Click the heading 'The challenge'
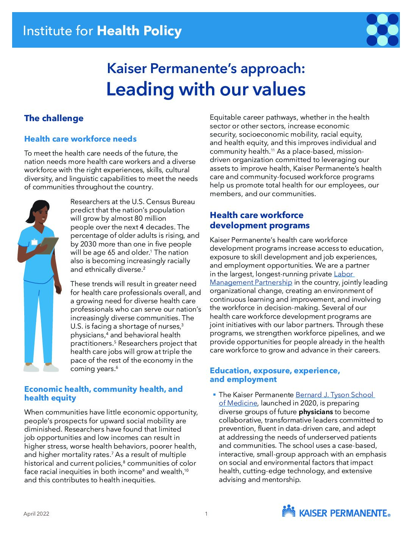[x=54, y=118]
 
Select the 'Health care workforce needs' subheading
[x=80, y=139]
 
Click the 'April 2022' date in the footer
[x=36, y=514]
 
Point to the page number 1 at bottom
[x=206, y=514]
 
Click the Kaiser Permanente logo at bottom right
[x=336, y=512]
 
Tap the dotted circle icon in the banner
[x=382, y=30]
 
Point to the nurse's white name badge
[x=34, y=242]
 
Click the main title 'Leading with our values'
[x=206, y=89]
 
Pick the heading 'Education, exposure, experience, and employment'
[x=275, y=375]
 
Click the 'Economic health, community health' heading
[x=103, y=393]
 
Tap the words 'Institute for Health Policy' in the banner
[x=102, y=31]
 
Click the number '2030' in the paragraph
[x=88, y=244]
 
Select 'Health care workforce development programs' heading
[x=259, y=220]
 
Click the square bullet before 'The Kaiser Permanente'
[x=214, y=395]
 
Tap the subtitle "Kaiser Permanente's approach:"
[x=206, y=69]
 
